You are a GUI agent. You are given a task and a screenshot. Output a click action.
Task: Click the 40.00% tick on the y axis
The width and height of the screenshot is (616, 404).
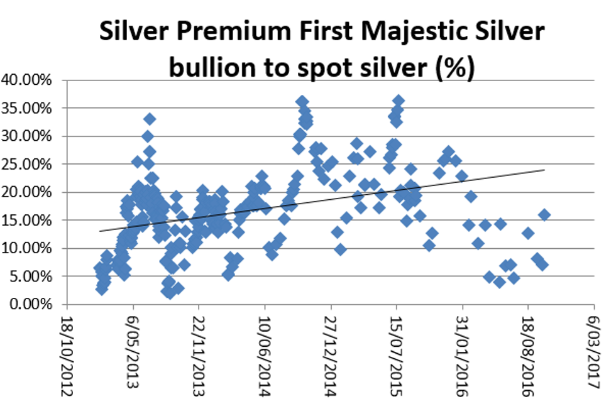tap(30, 80)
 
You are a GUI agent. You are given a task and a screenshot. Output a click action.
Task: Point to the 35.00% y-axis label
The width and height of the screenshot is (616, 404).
tap(30, 108)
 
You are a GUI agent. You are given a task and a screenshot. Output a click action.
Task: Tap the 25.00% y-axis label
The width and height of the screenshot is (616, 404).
tap(30, 164)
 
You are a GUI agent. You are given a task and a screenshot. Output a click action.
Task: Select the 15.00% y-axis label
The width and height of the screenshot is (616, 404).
tap(30, 220)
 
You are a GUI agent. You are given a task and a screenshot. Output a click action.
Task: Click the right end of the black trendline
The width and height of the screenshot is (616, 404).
tap(544, 170)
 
